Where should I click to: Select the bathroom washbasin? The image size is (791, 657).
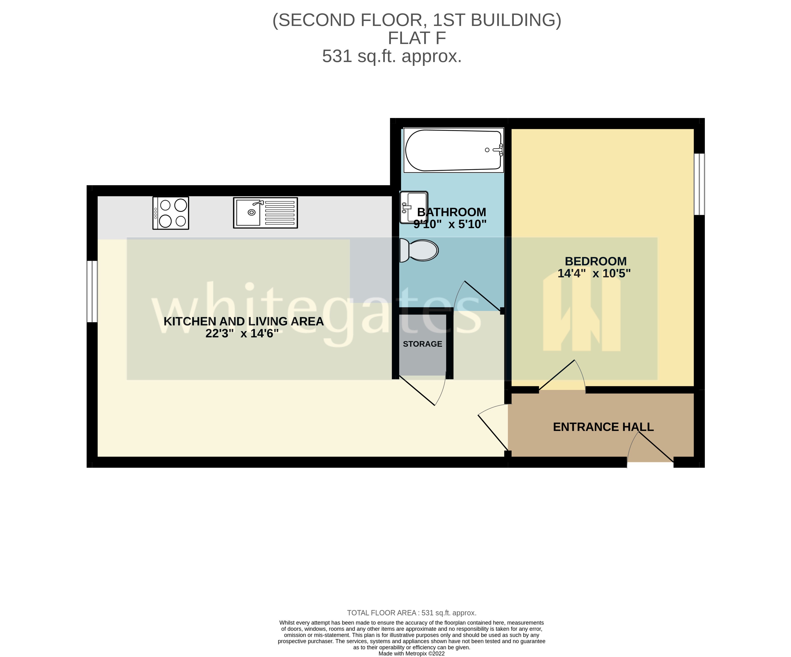pos(414,207)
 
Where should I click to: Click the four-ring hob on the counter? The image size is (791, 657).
pos(171,213)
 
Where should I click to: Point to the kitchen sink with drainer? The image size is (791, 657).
pos(265,213)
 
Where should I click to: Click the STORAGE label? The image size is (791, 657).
pos(422,344)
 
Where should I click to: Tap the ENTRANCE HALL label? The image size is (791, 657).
pos(603,427)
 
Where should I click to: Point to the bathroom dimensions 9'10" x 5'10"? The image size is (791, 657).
pos(450,224)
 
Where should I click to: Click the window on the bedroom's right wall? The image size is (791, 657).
pos(699,184)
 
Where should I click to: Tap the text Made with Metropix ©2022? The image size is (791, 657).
pos(411,653)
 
